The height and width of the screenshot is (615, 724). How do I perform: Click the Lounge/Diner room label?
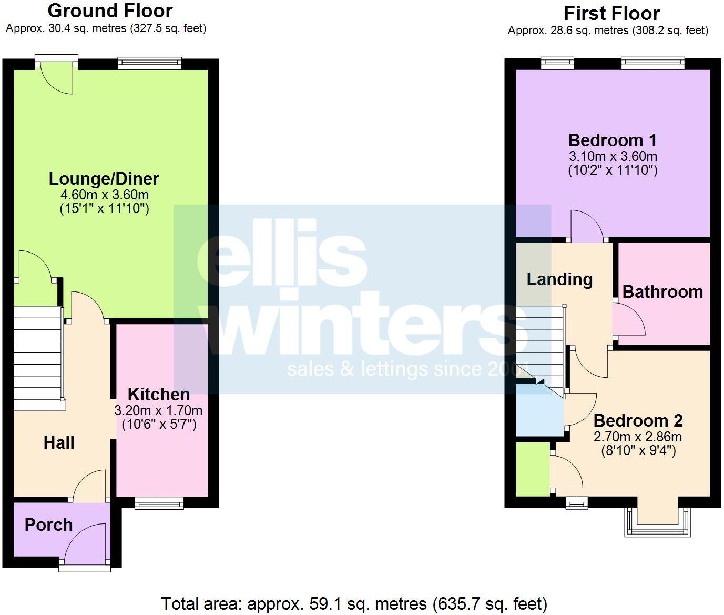[x=104, y=179]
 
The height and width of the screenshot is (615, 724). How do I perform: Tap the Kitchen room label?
[x=159, y=395]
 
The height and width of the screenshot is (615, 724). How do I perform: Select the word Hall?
[x=59, y=443]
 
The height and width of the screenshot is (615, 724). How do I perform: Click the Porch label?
[x=48, y=525]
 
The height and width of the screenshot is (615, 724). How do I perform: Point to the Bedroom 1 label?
[x=613, y=140]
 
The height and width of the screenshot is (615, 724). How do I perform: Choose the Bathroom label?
[x=662, y=292]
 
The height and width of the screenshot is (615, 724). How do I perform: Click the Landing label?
[x=559, y=279]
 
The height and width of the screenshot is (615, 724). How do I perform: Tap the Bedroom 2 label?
[x=638, y=421]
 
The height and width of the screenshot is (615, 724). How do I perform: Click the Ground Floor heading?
[x=110, y=11]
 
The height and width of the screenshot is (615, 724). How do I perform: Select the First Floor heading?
[x=611, y=13]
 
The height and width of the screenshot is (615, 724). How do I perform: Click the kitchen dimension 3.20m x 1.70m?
[x=158, y=410]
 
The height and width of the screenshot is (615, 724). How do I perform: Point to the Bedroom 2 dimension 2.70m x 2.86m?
[x=638, y=437]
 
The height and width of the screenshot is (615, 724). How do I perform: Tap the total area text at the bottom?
[x=354, y=603]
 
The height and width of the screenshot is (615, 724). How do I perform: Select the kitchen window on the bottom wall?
[x=159, y=504]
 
